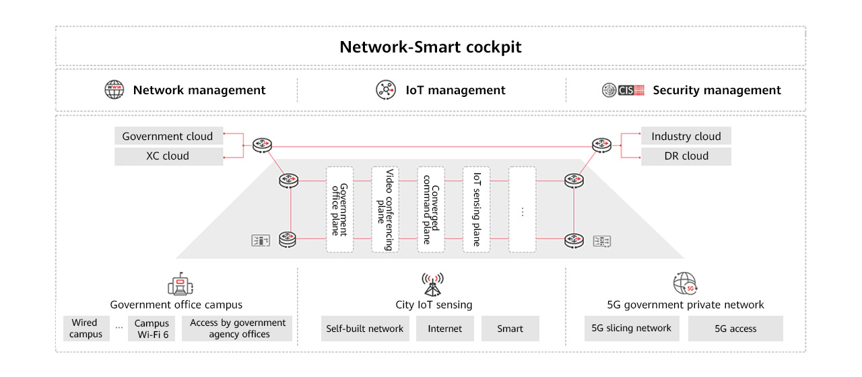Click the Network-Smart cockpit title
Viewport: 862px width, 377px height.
[x=430, y=47]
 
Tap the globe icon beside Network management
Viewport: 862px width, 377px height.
[x=114, y=90]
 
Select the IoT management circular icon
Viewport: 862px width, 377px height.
[x=386, y=90]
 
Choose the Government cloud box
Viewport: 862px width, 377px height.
[x=168, y=137]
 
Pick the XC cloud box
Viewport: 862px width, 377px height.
[x=168, y=156]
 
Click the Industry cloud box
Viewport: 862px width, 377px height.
[x=686, y=137]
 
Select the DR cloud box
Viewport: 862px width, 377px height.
[x=686, y=156]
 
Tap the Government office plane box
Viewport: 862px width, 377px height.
[x=340, y=209]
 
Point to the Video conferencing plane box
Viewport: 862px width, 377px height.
[x=385, y=209]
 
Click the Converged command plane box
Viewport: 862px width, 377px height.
[x=431, y=209]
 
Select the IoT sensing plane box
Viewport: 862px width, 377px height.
[x=477, y=209]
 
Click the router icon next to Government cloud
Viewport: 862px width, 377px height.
[x=261, y=145]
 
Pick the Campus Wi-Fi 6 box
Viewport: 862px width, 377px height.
[x=152, y=329]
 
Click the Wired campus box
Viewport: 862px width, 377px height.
[x=86, y=329]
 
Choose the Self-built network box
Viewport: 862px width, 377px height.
[x=364, y=329]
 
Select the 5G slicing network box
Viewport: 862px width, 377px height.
[x=631, y=329]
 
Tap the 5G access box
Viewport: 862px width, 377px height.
[x=735, y=329]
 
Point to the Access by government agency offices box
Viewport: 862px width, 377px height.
[x=238, y=329]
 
